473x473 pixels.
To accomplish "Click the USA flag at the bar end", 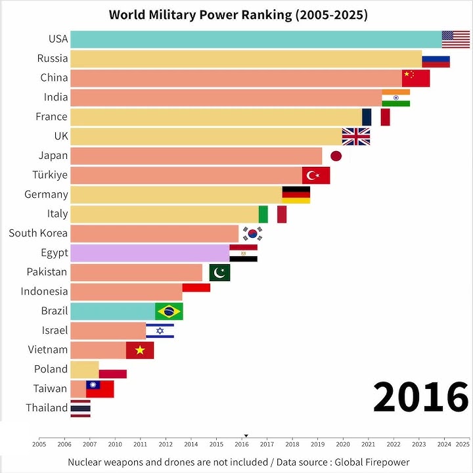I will pos(456,39).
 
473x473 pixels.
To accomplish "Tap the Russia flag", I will pos(436,59).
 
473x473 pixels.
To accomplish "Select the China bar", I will pos(236,78).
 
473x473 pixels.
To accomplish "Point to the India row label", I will pos(55,97).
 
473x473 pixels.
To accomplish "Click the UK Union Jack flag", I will pos(355,136).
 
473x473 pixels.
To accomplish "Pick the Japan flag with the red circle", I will pos(336,156).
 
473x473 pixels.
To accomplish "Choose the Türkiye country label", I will pos(50,175).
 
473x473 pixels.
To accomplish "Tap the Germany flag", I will pos(296,194).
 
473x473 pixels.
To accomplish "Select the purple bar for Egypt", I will pos(149,253).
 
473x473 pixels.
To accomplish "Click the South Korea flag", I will pos(252,233).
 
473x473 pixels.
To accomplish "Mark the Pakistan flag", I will pos(219,272).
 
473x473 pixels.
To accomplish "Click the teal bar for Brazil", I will pos(112,311).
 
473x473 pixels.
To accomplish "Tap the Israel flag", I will pos(160,330).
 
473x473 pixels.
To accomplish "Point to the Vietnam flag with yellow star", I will pos(140,350).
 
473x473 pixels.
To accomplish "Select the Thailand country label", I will pos(47,408).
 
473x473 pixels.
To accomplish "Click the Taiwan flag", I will pos(100,389).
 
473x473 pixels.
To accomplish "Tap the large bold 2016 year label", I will pos(420,397).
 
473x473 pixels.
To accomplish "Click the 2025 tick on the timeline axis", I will pos(462,444).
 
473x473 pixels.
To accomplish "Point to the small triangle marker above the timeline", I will pos(246,435).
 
